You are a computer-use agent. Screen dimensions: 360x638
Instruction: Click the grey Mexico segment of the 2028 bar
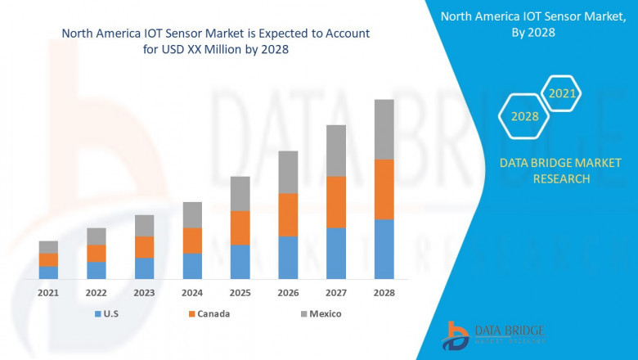click(x=384, y=129)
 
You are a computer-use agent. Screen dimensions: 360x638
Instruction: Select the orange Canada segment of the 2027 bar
click(x=335, y=202)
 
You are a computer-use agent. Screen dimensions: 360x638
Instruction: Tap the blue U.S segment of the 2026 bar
click(x=288, y=258)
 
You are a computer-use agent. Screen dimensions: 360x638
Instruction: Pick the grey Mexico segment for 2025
click(x=240, y=193)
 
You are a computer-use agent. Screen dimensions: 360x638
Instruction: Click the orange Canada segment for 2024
click(x=192, y=241)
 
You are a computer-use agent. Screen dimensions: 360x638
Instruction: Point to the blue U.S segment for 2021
click(x=48, y=272)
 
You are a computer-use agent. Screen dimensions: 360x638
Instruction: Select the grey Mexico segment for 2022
click(x=97, y=236)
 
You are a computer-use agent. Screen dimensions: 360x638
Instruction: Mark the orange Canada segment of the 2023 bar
click(x=144, y=247)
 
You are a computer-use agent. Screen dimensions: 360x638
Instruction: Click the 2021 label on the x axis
click(x=48, y=292)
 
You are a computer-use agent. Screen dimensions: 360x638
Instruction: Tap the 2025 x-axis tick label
click(x=240, y=292)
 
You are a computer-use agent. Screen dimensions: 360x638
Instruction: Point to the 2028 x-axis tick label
click(x=384, y=292)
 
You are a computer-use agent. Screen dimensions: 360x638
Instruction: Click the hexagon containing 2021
click(x=562, y=94)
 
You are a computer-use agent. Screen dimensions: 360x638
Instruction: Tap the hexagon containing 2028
click(x=524, y=117)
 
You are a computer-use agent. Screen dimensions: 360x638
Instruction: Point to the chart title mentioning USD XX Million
click(x=215, y=41)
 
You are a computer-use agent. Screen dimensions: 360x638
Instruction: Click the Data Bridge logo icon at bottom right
click(x=455, y=335)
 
